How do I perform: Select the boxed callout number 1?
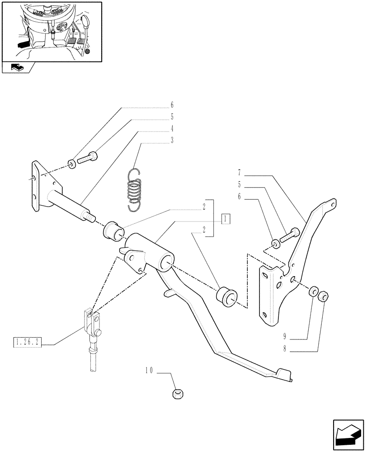pyautogui.click(x=226, y=219)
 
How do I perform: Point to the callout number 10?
pyautogui.click(x=149, y=370)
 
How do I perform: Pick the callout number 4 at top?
pyautogui.click(x=172, y=128)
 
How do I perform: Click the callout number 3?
pyautogui.click(x=172, y=140)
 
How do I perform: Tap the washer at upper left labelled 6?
pyautogui.click(x=72, y=163)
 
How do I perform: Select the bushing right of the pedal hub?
pyautogui.click(x=226, y=297)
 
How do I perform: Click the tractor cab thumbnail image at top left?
pyautogui.click(x=52, y=31)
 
